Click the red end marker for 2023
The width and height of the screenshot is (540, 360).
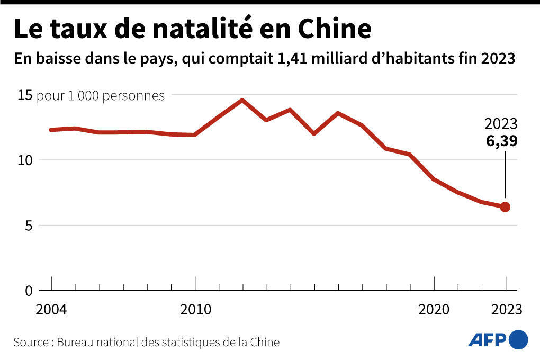[505, 207]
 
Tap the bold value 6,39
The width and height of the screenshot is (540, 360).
[502, 141]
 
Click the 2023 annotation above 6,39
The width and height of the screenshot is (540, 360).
[501, 125]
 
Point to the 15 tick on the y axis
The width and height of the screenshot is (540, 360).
[25, 96]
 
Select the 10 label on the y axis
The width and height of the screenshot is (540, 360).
[25, 160]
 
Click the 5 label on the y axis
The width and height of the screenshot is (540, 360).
[29, 226]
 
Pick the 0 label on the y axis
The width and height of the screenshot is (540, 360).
[29, 291]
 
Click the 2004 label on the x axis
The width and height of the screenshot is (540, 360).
[51, 310]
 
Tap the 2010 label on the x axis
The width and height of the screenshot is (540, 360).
[195, 310]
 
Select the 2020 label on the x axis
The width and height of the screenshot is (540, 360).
[434, 310]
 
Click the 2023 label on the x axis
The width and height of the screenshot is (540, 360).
[505, 310]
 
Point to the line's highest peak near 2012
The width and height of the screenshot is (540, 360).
[242, 100]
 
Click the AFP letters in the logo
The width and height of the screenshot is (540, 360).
[487, 339]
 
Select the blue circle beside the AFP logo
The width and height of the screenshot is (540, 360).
[518, 339]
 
